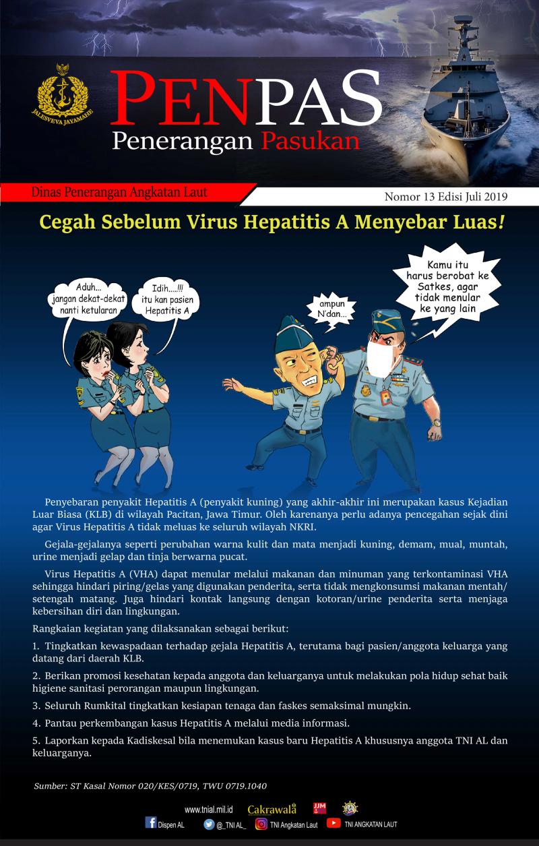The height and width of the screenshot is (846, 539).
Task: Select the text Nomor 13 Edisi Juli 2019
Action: coord(445,197)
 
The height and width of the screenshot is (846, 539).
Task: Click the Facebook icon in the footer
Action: coord(151,823)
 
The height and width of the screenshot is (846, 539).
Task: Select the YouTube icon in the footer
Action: coord(333,823)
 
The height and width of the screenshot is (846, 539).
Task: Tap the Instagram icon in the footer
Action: coord(261,823)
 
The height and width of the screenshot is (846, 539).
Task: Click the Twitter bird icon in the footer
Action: coord(209,823)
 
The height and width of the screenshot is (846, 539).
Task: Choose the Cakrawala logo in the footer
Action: coord(272,809)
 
